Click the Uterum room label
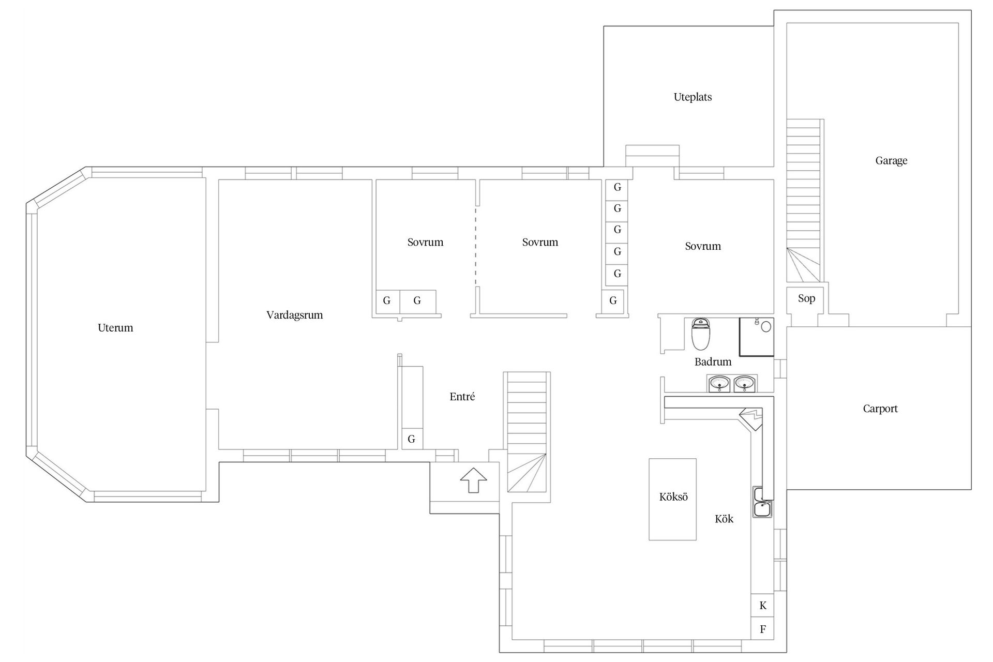click(115, 328)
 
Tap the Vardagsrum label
click(294, 315)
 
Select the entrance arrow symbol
click(474, 480)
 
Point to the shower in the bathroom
click(756, 337)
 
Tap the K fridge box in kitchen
click(762, 606)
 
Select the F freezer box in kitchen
click(762, 629)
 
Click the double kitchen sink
click(762, 502)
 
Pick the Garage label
click(891, 161)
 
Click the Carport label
click(880, 409)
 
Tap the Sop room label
click(806, 298)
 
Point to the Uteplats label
click(693, 97)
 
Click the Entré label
click(462, 397)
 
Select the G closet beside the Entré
click(412, 439)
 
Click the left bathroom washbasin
click(719, 384)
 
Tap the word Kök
click(724, 519)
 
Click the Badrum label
click(713, 362)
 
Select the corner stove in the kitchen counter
click(751, 418)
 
